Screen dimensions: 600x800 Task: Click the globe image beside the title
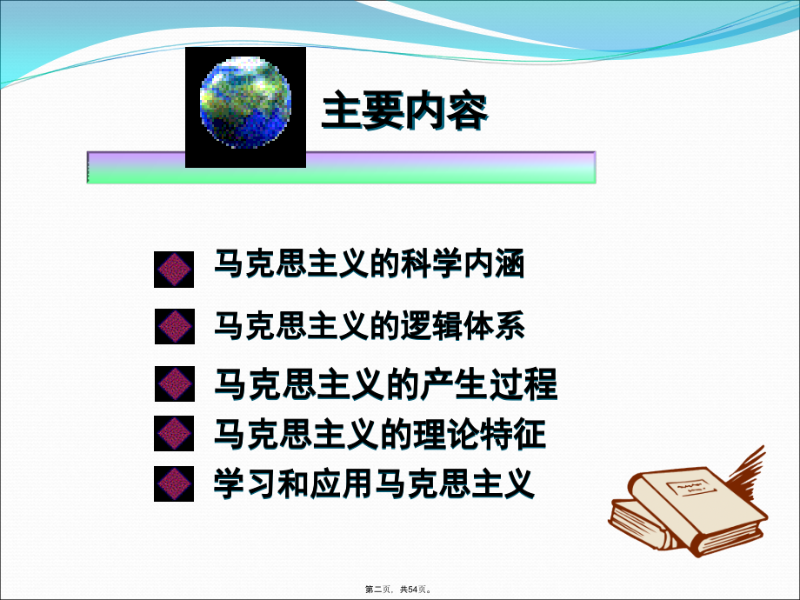tap(245, 106)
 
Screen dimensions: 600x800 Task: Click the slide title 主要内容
tap(404, 112)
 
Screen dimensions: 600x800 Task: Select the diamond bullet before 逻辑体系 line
tap(174, 327)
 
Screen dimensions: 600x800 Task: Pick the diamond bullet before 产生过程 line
tap(174, 383)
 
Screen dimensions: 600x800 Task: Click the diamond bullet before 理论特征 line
tap(174, 433)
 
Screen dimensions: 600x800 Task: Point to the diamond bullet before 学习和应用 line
tap(174, 483)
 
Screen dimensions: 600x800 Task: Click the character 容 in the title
tap(467, 112)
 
